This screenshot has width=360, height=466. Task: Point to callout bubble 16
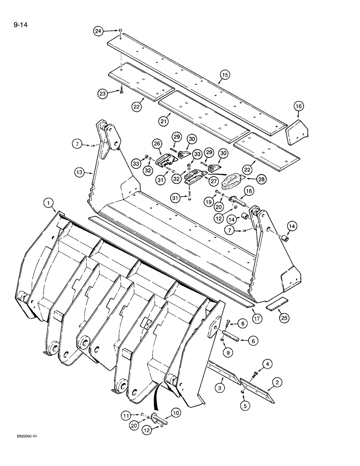299,107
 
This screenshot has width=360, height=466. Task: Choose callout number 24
98,32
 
